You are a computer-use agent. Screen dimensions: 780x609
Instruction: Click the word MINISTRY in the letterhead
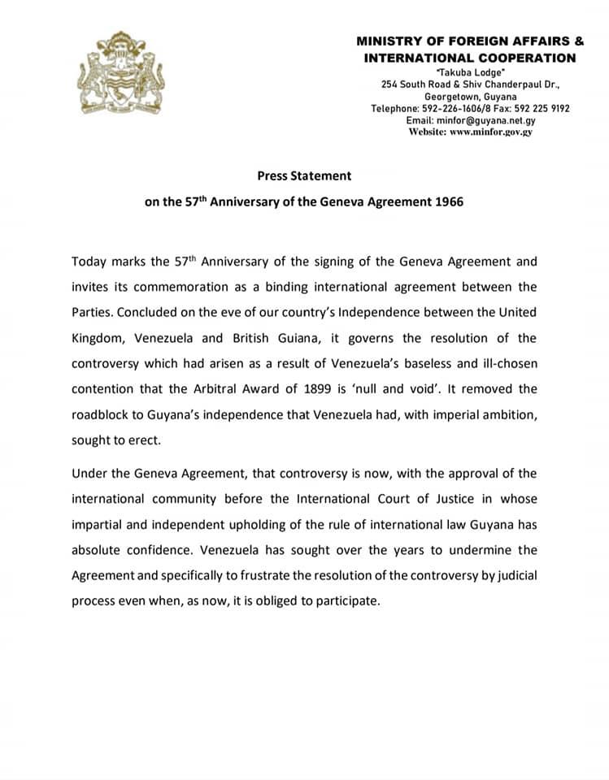tap(389, 41)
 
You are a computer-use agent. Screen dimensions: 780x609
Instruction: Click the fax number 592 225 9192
tap(541, 108)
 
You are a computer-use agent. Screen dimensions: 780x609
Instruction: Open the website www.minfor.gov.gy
tap(490, 132)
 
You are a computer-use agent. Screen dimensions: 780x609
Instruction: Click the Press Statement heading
tap(304, 175)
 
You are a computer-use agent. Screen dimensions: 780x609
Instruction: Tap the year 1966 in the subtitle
tap(446, 201)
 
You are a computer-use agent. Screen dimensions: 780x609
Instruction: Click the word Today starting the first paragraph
tap(89, 261)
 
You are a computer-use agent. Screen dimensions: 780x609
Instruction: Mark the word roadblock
tap(101, 415)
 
